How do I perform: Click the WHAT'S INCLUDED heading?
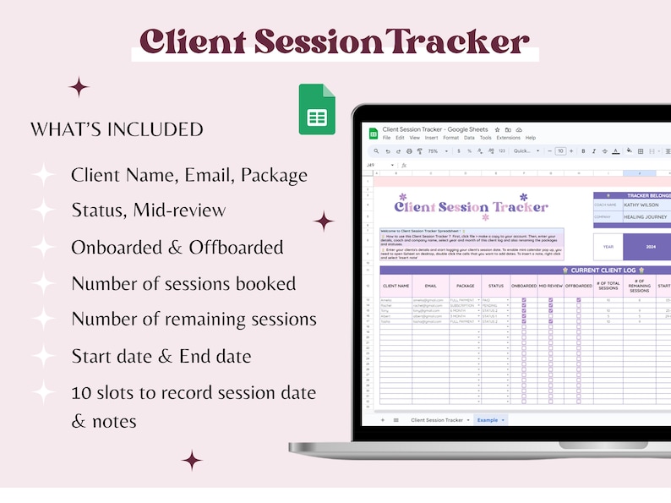point(117,129)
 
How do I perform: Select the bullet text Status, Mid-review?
point(148,210)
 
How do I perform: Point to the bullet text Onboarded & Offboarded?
point(177,247)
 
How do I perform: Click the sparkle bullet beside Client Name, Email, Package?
point(43,175)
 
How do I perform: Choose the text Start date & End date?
point(161,355)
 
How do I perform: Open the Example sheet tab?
point(488,419)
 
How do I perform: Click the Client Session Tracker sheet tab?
point(437,419)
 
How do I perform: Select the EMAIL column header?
point(430,286)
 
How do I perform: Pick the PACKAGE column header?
point(465,286)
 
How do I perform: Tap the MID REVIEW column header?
point(550,286)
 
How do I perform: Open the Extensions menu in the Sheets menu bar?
point(509,138)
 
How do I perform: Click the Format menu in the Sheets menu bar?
point(450,138)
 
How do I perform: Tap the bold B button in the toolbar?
point(583,151)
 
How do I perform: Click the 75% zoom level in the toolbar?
point(433,151)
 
